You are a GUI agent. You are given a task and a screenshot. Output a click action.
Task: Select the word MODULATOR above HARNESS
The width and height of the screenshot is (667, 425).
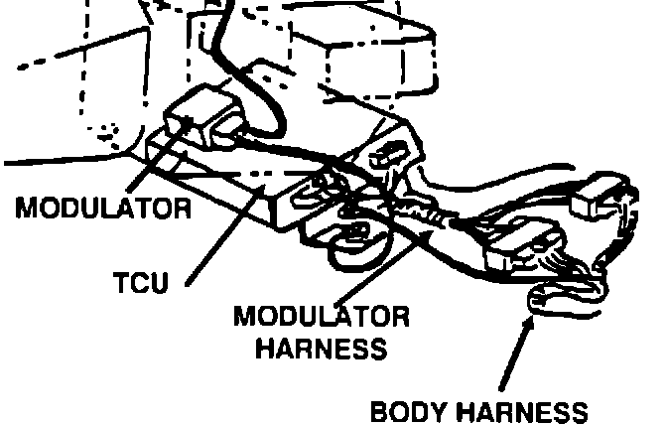coord(322,318)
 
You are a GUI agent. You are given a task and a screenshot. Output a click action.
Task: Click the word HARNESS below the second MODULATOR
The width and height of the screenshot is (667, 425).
coord(321,349)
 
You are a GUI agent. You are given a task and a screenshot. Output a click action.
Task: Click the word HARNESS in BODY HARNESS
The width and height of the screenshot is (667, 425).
coord(525,410)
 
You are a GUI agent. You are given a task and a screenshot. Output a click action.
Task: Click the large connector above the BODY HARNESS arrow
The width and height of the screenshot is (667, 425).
coord(522,248)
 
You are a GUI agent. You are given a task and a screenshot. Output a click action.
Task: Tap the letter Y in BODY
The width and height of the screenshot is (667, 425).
coord(454,410)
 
